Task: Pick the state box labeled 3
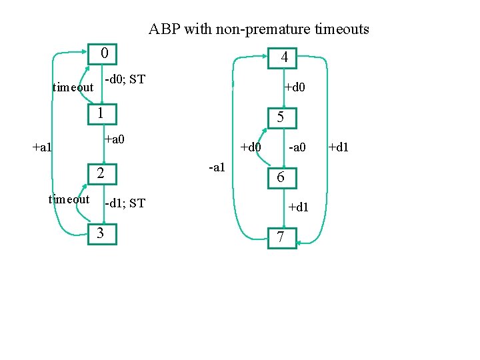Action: pyautogui.click(x=103, y=233)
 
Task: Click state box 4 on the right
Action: pyautogui.click(x=283, y=59)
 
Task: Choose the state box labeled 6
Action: pyautogui.click(x=281, y=177)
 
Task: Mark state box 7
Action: pyautogui.click(x=281, y=237)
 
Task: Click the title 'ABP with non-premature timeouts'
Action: pyautogui.click(x=259, y=29)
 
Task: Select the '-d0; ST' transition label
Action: pyautogui.click(x=125, y=80)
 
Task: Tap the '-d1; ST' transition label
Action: pyautogui.click(x=125, y=203)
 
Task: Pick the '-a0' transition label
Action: pyautogui.click(x=296, y=147)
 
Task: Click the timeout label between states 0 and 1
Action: pyautogui.click(x=73, y=87)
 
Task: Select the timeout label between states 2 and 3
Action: pyautogui.click(x=69, y=199)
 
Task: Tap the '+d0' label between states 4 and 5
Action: pyautogui.click(x=295, y=87)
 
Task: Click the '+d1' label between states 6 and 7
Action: pyautogui.click(x=298, y=207)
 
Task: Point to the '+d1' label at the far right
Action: pyautogui.click(x=338, y=147)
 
